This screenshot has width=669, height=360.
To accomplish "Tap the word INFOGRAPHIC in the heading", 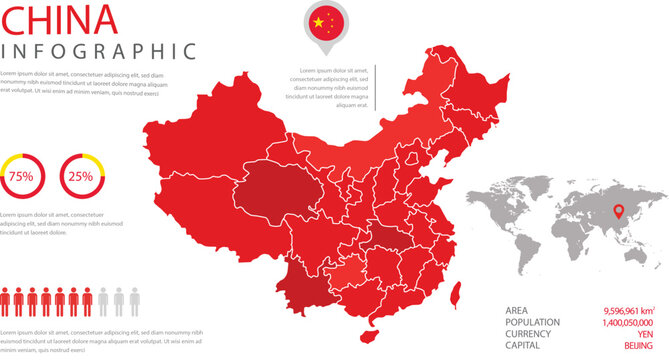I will coord(98,51).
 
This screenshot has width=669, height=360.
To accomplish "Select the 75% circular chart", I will coord(21,176).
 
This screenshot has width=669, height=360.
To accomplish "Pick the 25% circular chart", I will coord(80,176).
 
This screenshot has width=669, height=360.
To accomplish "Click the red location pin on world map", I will coord(618,211).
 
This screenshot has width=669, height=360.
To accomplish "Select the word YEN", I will coord(646,334).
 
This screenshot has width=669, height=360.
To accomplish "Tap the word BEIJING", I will coord(639,345).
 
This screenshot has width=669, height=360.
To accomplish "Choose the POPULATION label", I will coord(533,322).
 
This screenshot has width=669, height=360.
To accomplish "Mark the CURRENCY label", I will coord(530,334).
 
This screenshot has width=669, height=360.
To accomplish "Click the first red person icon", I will coord(7,302).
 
